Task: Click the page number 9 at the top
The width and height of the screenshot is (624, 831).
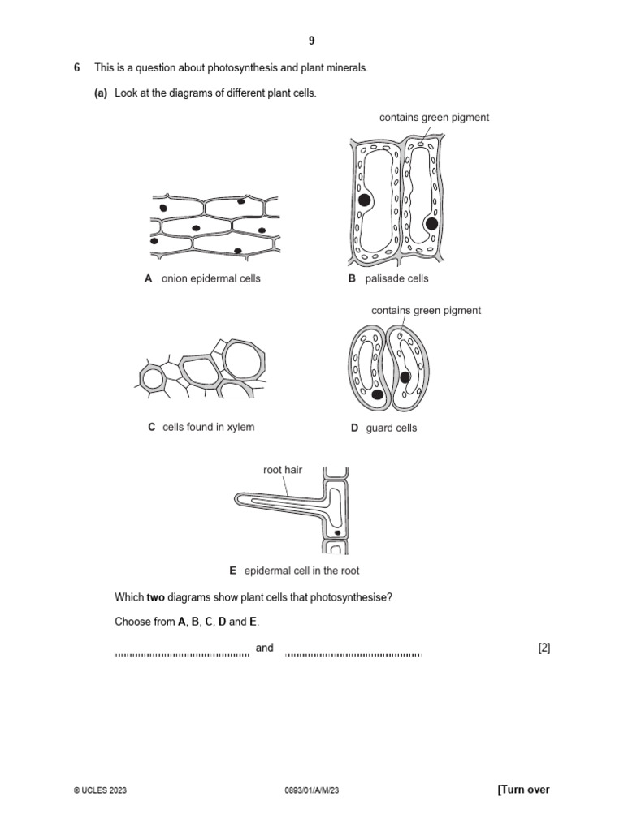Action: (x=311, y=41)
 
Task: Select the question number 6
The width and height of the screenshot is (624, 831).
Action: (x=76, y=68)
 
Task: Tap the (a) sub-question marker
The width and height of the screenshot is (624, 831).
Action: (x=101, y=93)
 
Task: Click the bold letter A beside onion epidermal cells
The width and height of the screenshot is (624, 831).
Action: (x=148, y=279)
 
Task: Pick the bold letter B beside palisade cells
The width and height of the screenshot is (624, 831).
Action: (x=352, y=279)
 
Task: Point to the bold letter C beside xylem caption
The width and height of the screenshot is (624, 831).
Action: (x=151, y=427)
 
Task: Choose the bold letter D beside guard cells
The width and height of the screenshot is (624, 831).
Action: (x=354, y=428)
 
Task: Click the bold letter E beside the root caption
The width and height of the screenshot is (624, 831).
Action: (x=232, y=571)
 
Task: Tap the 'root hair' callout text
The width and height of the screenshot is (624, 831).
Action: (x=282, y=470)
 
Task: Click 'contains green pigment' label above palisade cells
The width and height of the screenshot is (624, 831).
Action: (x=434, y=118)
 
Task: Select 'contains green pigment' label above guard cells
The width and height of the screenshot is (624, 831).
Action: (x=426, y=310)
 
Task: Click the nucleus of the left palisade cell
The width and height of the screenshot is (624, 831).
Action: (x=365, y=200)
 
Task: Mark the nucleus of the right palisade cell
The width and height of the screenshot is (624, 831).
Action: (x=431, y=223)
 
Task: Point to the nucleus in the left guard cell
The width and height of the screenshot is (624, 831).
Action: (x=377, y=395)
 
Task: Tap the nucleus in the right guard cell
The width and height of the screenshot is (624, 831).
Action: (x=405, y=377)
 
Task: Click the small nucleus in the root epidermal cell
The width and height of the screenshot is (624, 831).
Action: (x=336, y=533)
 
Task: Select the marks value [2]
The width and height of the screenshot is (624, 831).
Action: (x=544, y=648)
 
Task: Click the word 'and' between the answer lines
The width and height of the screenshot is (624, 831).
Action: (x=265, y=648)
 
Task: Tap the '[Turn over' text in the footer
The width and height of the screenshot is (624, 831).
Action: (x=522, y=790)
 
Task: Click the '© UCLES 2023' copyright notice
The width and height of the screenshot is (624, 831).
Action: (x=100, y=790)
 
